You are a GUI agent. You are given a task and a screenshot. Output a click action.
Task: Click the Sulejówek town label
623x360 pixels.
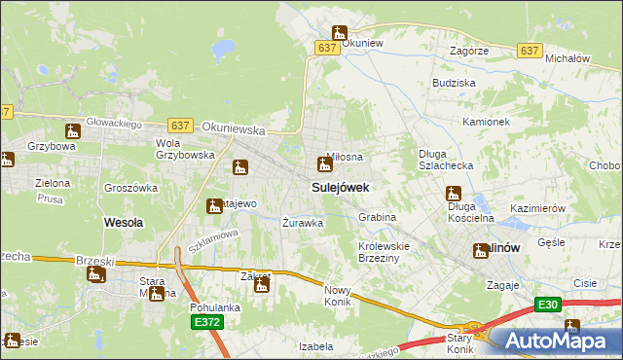(340, 186)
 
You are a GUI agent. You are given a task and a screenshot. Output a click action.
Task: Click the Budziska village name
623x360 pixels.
(454, 84)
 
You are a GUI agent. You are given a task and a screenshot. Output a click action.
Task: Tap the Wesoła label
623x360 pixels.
(124, 222)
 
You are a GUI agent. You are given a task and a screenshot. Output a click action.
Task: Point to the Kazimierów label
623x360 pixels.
(537, 209)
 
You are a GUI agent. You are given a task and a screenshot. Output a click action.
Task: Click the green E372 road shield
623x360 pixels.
(205, 322)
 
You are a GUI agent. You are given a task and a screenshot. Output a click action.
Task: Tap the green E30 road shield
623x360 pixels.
(548, 305)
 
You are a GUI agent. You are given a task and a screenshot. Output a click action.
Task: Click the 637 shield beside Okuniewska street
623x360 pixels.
(179, 126)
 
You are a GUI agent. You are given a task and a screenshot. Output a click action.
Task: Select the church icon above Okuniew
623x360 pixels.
(339, 33)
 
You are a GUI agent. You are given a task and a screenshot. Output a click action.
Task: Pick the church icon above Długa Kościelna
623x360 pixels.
(453, 193)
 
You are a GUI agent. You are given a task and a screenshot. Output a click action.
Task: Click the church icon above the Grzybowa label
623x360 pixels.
(72, 131)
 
